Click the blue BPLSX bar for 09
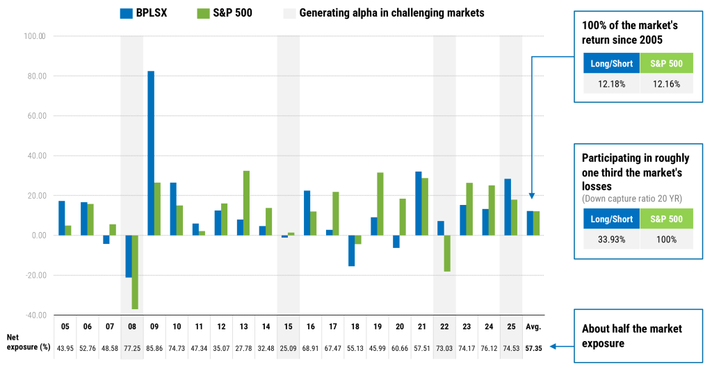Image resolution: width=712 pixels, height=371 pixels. (151, 153)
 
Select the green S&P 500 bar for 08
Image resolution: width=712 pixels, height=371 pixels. (135, 272)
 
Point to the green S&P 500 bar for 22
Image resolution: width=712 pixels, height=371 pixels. (447, 253)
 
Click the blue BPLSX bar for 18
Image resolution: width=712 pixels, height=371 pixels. (352, 250)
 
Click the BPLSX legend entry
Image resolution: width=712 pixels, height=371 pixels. (149, 13)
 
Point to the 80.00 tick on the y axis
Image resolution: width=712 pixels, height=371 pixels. (35, 76)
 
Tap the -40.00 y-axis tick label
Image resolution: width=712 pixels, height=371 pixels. (35, 315)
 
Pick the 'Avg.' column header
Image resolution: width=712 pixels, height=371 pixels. (533, 326)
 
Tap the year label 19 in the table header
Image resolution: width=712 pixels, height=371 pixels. (377, 326)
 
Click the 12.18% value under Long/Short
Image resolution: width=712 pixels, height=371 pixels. (608, 85)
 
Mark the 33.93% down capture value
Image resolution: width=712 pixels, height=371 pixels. (608, 239)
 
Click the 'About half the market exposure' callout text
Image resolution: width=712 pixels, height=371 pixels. (631, 335)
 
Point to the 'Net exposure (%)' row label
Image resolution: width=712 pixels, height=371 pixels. (29, 341)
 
